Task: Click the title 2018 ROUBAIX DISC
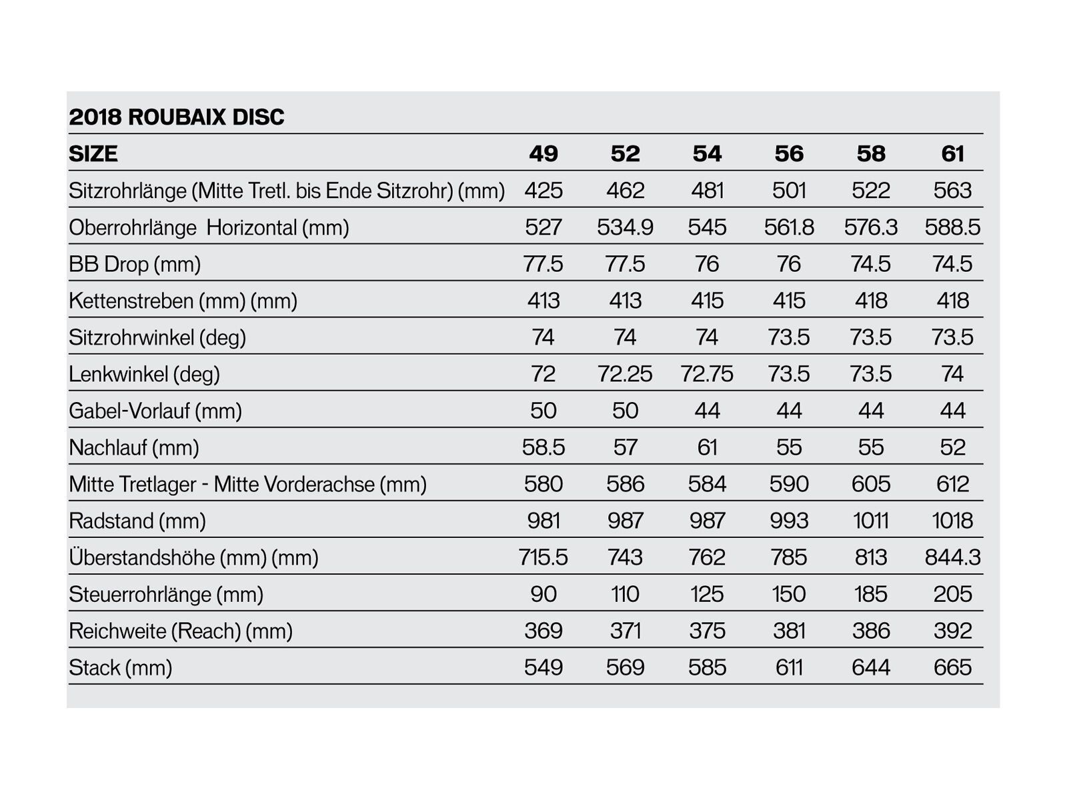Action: click(177, 117)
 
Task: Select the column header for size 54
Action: click(707, 154)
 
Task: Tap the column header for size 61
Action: click(952, 154)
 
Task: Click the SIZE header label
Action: click(93, 154)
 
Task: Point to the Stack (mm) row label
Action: click(121, 667)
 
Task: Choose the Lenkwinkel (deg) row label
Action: click(144, 374)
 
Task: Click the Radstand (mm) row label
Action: click(137, 521)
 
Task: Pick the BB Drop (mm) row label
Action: click(135, 264)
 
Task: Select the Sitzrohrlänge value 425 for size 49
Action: click(544, 191)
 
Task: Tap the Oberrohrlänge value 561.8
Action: click(789, 227)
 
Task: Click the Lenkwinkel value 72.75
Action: click(707, 374)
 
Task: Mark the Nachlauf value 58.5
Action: click(544, 447)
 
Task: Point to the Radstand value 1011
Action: click(871, 521)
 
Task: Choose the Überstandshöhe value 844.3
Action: click(952, 557)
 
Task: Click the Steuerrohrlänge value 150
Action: click(789, 594)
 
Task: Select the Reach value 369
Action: click(544, 631)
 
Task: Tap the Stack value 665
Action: click(952, 667)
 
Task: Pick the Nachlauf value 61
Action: click(707, 447)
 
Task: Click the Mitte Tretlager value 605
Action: click(871, 484)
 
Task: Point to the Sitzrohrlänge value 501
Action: click(789, 191)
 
